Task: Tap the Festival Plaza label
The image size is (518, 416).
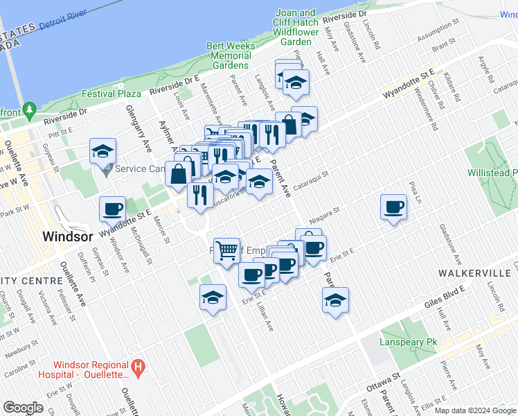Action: coord(111,94)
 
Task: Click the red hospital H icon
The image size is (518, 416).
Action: coord(139,366)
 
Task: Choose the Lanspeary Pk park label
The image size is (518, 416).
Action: coord(409,343)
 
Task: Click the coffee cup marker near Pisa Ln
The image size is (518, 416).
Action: coord(394,207)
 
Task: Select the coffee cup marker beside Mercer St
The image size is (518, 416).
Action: coord(112,209)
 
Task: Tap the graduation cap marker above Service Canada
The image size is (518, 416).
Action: coord(102,152)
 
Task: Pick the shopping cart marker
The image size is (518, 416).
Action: coord(227,251)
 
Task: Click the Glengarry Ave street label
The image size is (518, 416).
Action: coord(138,128)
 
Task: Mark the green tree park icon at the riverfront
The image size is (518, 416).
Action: coord(29,110)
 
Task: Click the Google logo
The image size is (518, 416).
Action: coord(23,408)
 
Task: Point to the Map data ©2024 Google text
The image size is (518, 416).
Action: coord(476,410)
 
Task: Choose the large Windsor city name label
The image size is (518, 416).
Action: coord(67,236)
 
